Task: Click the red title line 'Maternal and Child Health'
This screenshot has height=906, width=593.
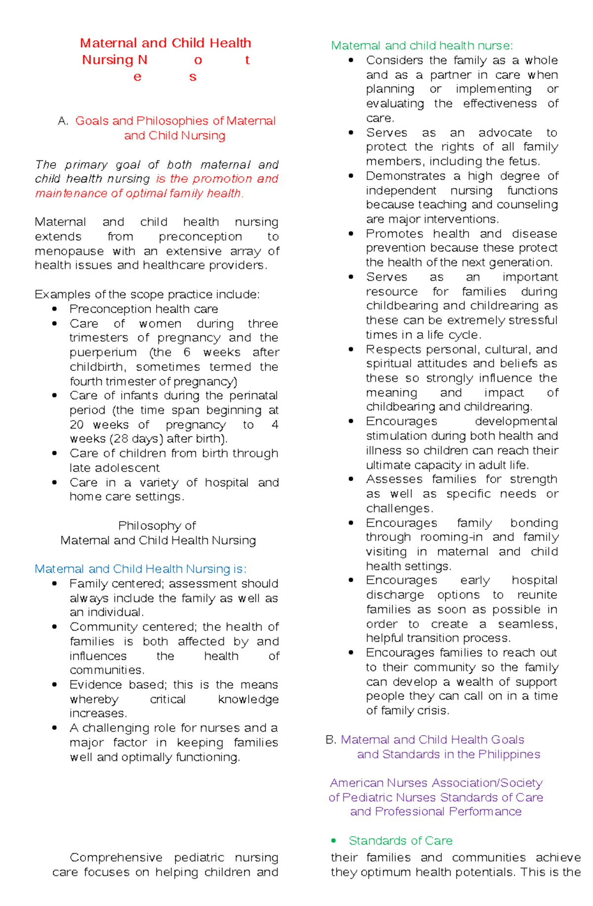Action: (166, 43)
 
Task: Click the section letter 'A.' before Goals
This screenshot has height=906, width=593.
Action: (63, 121)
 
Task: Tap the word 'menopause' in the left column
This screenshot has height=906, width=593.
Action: (69, 251)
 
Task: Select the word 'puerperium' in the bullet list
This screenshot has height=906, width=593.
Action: (103, 353)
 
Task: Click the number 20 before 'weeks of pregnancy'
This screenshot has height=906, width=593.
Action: (77, 425)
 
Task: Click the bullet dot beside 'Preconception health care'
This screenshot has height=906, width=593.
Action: (55, 309)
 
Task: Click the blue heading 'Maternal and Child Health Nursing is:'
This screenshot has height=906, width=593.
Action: (140, 569)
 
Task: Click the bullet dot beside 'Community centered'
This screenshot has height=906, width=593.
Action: (55, 627)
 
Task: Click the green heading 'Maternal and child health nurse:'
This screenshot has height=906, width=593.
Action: (422, 45)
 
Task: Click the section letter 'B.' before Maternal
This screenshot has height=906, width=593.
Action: (331, 740)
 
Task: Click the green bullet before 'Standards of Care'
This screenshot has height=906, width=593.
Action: (334, 840)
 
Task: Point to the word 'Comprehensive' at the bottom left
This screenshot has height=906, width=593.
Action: (116, 858)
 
